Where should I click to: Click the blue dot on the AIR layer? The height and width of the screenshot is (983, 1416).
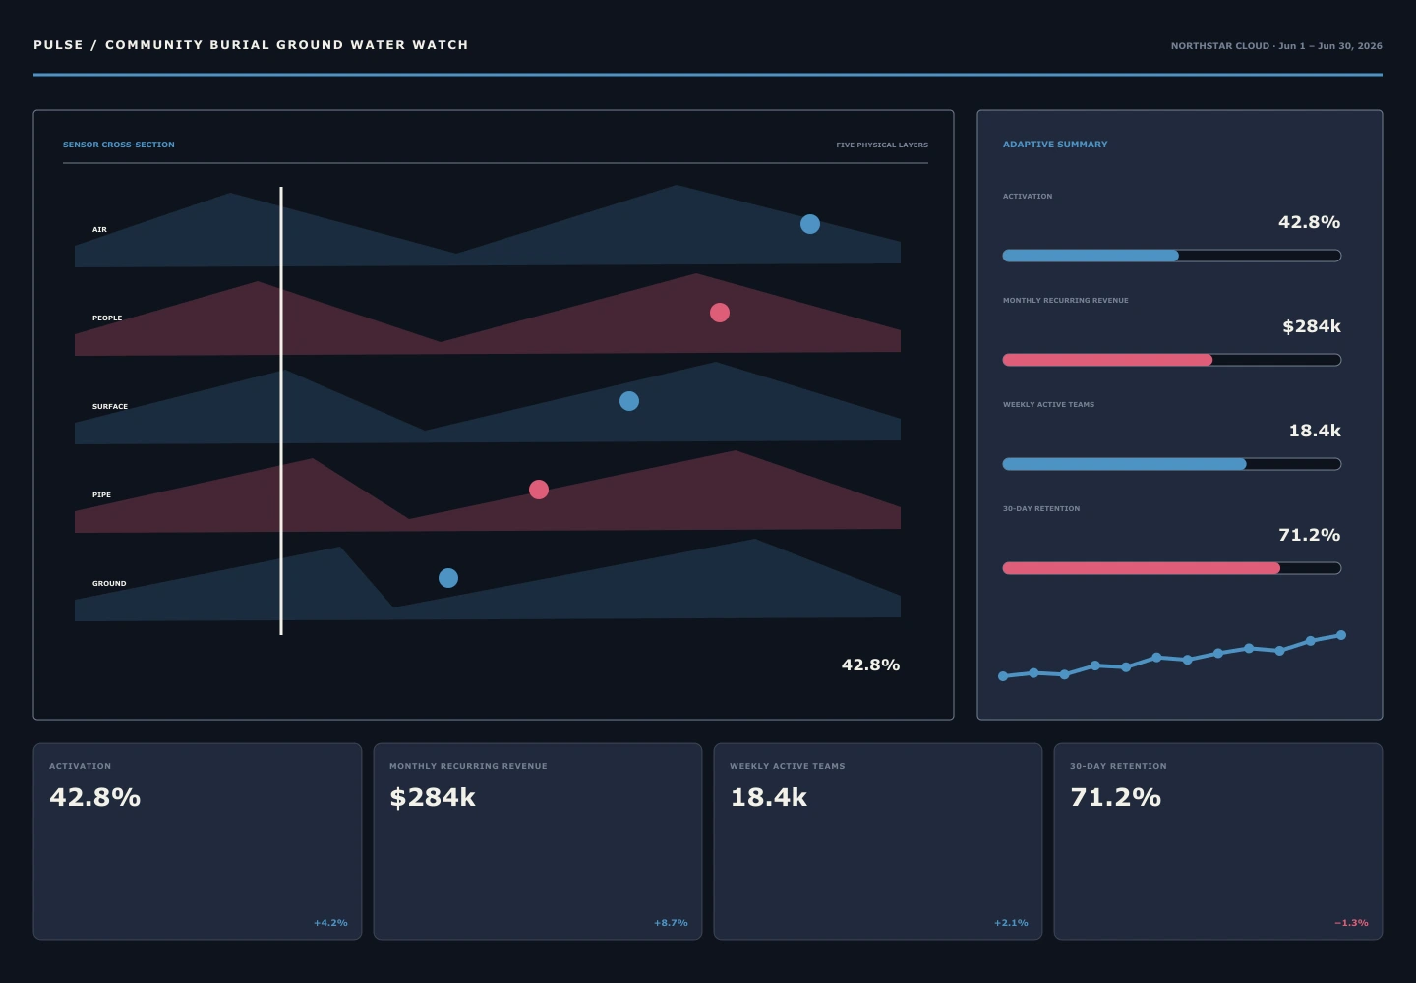[810, 224]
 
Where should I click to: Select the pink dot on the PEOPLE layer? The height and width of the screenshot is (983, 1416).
[720, 313]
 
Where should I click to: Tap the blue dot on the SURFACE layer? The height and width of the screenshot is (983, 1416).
[629, 401]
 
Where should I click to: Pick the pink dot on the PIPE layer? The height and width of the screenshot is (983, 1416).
[539, 490]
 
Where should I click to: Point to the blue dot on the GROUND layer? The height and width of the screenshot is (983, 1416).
[448, 578]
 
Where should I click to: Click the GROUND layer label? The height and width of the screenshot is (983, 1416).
[109, 583]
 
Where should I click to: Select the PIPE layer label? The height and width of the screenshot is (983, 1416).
[102, 494]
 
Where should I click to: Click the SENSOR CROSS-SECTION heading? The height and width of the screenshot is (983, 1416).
[119, 145]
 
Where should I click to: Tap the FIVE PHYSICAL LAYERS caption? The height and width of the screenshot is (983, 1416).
[882, 145]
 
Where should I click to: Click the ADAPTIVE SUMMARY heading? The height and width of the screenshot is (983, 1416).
[1055, 145]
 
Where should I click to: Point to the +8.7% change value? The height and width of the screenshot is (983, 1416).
[671, 923]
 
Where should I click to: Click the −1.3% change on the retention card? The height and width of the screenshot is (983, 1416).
[1351, 923]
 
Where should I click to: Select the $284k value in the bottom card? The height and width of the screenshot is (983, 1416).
[433, 797]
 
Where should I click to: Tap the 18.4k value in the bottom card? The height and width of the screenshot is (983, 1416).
[769, 797]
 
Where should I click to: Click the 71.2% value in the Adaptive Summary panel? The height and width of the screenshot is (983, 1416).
[1309, 535]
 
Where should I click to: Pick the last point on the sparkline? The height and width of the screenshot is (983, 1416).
[1341, 635]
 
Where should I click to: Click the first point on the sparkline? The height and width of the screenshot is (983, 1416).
[1003, 676]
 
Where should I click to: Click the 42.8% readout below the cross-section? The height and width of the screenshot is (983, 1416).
[870, 665]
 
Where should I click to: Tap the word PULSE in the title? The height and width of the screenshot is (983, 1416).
[59, 45]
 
